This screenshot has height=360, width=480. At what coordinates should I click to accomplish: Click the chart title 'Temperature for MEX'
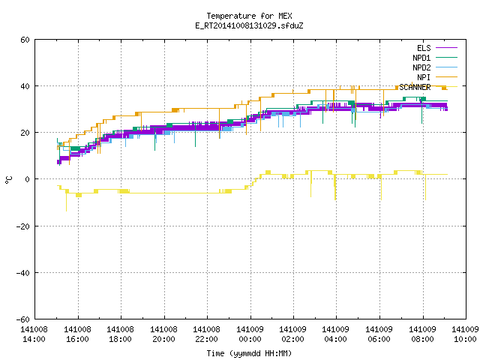pyautogui.click(x=249, y=16)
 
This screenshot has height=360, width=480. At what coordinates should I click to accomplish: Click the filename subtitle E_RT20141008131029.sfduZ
pyautogui.click(x=249, y=25)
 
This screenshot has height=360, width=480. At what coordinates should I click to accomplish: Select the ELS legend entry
pyautogui.click(x=424, y=48)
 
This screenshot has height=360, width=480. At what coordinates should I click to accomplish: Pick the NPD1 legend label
pyautogui.click(x=421, y=58)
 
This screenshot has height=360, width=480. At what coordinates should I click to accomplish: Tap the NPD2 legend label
pyautogui.click(x=421, y=67)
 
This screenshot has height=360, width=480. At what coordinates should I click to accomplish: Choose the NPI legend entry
pyautogui.click(x=424, y=77)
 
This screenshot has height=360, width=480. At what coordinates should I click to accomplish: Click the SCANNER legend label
pyautogui.click(x=415, y=87)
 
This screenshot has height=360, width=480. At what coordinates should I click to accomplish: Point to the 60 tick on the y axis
pyautogui.click(x=25, y=40)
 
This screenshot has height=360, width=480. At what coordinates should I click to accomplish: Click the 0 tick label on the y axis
pyautogui.click(x=28, y=179)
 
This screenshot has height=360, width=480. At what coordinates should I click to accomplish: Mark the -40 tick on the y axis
pyautogui.click(x=23, y=273)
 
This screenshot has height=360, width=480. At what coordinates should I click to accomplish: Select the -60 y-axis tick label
pyautogui.click(x=23, y=319)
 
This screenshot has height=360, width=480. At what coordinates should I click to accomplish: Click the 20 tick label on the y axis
pyautogui.click(x=25, y=133)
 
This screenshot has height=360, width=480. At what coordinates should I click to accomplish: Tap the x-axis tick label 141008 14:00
pyautogui.click(x=34, y=334)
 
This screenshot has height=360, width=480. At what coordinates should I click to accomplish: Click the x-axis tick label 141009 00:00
pyautogui.click(x=250, y=334)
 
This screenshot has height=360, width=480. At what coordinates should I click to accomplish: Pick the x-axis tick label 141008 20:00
pyautogui.click(x=163, y=334)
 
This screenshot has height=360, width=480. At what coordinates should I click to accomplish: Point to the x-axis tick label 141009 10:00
pyautogui.click(x=465, y=334)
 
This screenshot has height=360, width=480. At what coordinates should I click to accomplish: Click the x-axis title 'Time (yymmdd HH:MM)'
pyautogui.click(x=249, y=353)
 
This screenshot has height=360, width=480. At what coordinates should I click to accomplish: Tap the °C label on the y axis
pyautogui.click(x=8, y=180)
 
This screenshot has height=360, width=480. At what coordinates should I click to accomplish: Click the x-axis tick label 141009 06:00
pyautogui.click(x=379, y=334)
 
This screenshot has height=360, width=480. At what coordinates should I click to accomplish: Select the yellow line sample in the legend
pyautogui.click(x=446, y=87)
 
